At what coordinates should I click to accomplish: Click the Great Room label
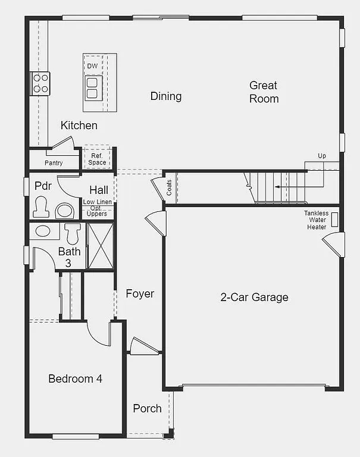coord(264,92)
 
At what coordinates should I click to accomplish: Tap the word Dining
coord(166,96)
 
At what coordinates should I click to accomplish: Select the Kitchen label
coord(79,126)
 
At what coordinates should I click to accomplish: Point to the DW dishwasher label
coord(92,66)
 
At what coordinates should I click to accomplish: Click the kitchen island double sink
coord(93,87)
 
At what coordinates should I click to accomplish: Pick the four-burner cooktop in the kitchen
coord(40,83)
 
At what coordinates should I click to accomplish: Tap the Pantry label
coord(54,163)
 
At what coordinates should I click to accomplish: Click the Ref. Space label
coord(97,159)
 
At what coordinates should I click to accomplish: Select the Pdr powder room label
coord(42,186)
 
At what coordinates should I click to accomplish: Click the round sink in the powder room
coord(64,211)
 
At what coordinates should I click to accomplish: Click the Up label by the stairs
coord(322,156)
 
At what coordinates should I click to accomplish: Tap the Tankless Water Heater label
coord(316,220)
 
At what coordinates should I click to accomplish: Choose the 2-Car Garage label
coord(254,297)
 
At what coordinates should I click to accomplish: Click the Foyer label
coord(140,293)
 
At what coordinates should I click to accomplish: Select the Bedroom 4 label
coord(75,378)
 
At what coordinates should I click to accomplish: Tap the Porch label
coord(147,408)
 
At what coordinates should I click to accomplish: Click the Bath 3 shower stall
coord(99,246)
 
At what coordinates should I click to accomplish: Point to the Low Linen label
coord(98,203)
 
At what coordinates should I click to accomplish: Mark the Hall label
coord(99,190)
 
